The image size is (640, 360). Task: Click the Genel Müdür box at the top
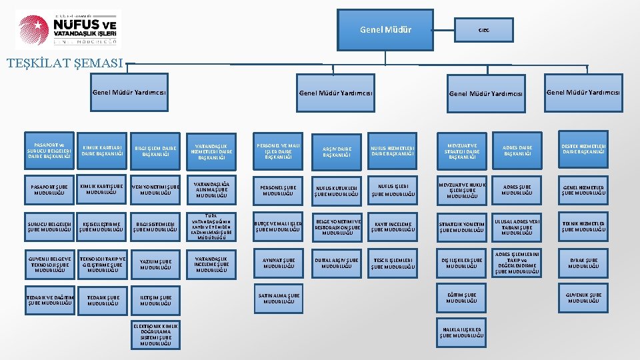point(385,30)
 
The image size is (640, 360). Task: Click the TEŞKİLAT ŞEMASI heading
point(64,64)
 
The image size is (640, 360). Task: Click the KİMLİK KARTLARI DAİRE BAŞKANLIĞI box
point(102,150)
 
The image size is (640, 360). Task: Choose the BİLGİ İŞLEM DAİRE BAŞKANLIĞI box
point(156,150)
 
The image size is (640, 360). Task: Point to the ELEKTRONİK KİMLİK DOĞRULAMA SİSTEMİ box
point(156,335)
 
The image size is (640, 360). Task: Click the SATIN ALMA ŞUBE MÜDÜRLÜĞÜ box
point(279,298)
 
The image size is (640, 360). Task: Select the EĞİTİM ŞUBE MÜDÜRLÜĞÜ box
point(462,297)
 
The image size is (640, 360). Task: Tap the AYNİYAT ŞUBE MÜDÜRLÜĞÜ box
point(279,263)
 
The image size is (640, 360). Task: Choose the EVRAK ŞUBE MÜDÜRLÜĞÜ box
point(583,263)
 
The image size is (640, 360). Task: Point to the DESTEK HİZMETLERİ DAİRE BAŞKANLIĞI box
point(583,150)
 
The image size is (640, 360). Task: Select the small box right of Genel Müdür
point(484,30)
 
